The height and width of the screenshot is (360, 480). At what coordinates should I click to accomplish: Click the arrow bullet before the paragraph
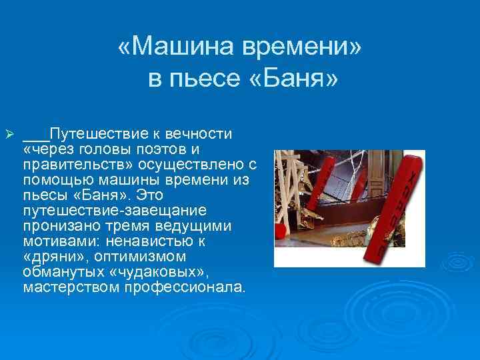[9, 135]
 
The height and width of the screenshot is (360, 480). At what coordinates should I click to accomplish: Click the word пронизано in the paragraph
[57, 226]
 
